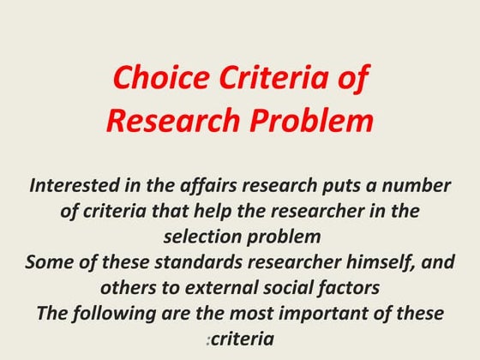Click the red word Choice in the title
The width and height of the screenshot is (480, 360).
click(x=155, y=81)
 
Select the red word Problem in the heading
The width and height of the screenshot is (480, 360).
click(x=309, y=121)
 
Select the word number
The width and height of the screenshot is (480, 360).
click(x=418, y=186)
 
